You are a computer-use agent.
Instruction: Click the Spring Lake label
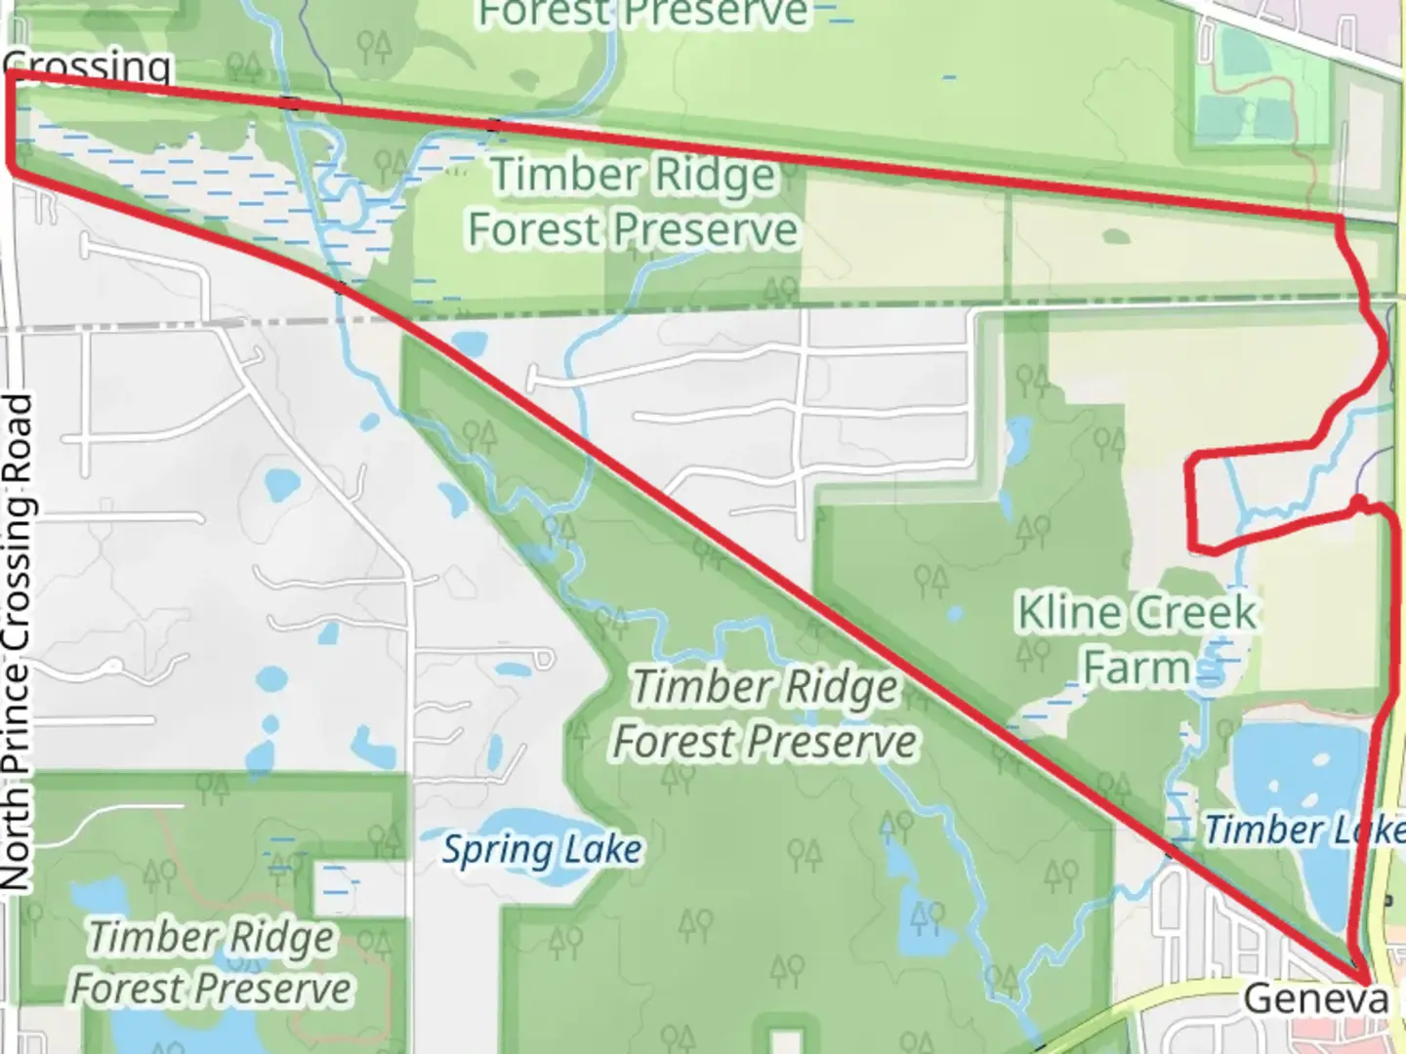pyautogui.click(x=542, y=850)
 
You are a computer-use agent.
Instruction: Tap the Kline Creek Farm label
pyautogui.click(x=1137, y=640)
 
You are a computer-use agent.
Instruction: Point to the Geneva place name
pyautogui.click(x=1315, y=998)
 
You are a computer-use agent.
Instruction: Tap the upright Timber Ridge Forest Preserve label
pyautogui.click(x=633, y=202)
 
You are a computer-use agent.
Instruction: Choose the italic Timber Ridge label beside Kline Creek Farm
pyautogui.click(x=765, y=713)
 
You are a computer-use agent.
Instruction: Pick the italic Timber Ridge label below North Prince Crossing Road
pyautogui.click(x=211, y=962)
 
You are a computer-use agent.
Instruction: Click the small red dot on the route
pyautogui.click(x=1357, y=503)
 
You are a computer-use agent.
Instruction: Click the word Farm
pyautogui.click(x=1137, y=669)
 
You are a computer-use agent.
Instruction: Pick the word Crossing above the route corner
pyautogui.click(x=88, y=65)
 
